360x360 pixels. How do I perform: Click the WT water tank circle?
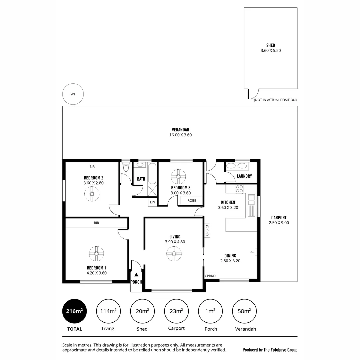[x=73, y=94]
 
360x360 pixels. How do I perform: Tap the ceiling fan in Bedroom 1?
[x=96, y=254]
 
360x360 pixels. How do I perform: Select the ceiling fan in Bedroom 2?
[x=92, y=194]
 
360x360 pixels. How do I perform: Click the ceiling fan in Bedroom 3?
[x=178, y=177]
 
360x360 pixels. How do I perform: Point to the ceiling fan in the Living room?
[x=174, y=253]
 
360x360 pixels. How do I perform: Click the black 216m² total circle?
[x=74, y=311]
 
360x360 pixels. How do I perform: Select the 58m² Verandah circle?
[x=244, y=311]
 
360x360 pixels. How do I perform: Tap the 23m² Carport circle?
[x=176, y=311]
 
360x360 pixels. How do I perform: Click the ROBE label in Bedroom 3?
[x=192, y=201]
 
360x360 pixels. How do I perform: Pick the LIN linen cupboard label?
[x=152, y=202]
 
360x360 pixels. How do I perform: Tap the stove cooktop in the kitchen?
[x=239, y=189]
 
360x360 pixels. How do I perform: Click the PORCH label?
[x=136, y=282]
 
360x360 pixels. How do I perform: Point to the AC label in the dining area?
[x=253, y=252]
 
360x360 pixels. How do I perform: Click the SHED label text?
[x=271, y=45]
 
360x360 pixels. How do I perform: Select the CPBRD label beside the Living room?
[x=207, y=231]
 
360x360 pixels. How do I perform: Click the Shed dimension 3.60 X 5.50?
[x=271, y=51]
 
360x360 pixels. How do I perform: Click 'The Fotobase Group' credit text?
[x=280, y=350]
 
